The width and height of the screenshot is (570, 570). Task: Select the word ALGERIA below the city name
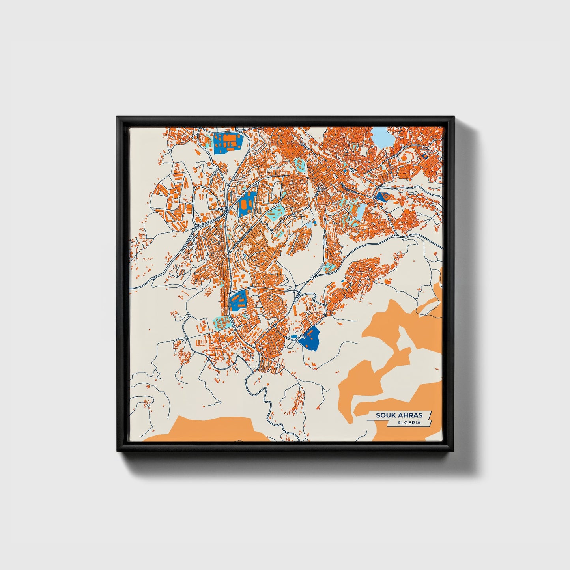pos(409,423)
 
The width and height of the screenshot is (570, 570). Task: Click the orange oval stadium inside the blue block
pos(245,204)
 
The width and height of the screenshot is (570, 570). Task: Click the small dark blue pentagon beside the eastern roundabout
pos(382,196)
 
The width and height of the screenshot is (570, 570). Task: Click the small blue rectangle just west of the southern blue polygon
pos(293,336)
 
